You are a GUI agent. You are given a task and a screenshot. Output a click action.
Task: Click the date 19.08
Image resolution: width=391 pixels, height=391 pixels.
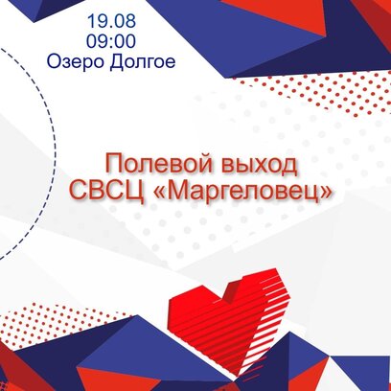[111, 21]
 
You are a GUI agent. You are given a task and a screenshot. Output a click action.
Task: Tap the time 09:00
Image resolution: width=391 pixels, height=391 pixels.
[111, 41]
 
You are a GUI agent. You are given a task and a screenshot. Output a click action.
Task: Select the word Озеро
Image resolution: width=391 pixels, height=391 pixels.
[76, 61]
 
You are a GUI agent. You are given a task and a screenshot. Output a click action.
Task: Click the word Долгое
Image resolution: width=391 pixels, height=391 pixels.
[143, 62]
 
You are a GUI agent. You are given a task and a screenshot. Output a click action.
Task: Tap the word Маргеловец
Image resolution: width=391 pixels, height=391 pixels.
[243, 192]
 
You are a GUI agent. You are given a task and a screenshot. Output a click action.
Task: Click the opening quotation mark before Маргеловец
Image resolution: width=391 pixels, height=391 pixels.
[159, 194]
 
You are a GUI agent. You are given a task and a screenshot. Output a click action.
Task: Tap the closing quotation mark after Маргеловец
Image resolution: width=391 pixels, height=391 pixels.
[326, 194]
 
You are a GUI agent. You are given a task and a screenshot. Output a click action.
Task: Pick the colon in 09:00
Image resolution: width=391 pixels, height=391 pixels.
[111, 42]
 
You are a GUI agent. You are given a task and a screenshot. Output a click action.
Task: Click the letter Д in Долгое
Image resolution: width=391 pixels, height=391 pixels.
[116, 62]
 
